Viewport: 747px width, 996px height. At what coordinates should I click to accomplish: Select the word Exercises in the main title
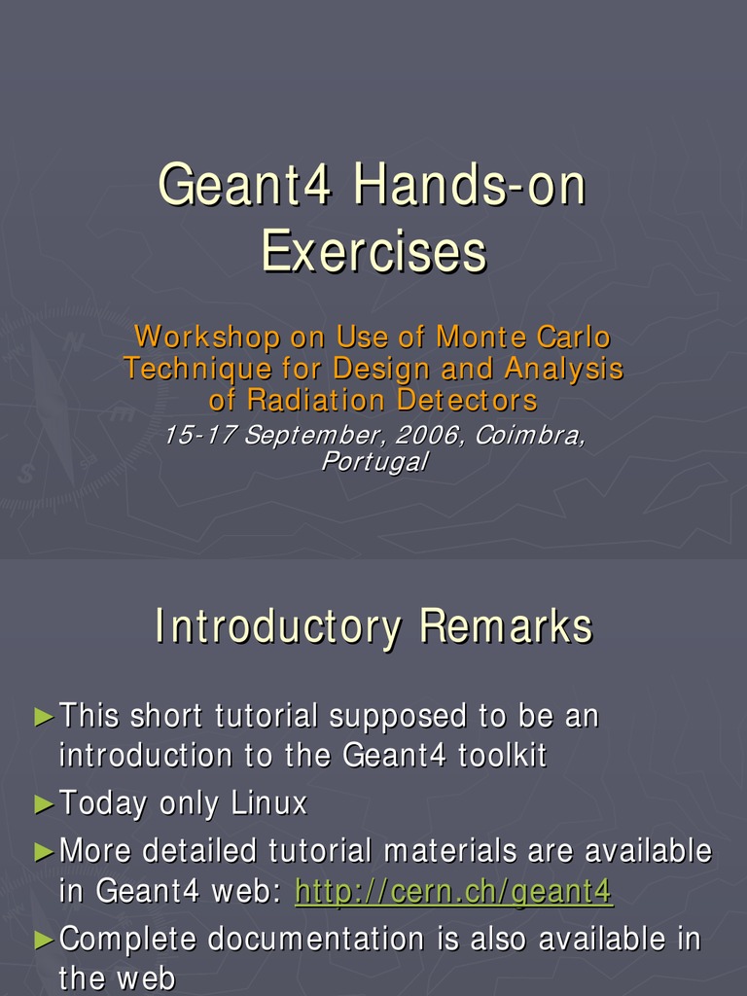[373, 251]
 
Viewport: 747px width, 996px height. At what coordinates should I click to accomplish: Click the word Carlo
[574, 338]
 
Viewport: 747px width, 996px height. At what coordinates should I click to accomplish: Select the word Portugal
[373, 462]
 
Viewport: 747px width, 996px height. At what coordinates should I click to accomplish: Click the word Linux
[269, 803]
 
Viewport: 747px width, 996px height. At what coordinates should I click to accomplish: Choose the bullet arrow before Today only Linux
[44, 804]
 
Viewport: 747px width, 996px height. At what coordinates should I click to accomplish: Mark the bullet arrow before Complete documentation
[44, 940]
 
